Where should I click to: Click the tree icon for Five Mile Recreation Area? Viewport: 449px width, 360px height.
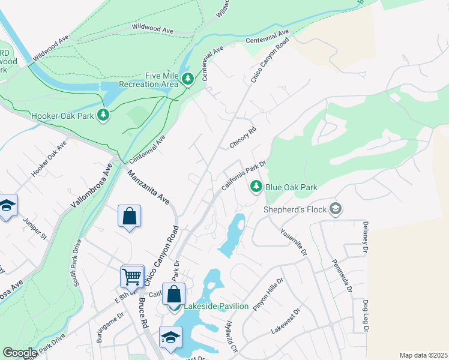pyautogui.click(x=188, y=79)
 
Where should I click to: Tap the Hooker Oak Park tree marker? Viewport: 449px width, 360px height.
pyautogui.click(x=104, y=114)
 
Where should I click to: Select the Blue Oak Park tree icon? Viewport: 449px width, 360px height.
pyautogui.click(x=256, y=187)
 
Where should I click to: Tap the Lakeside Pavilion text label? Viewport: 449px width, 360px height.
pyautogui.click(x=215, y=306)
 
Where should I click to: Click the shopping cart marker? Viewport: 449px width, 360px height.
pyautogui.click(x=132, y=276)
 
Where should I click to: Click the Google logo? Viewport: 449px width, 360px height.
pyautogui.click(x=20, y=353)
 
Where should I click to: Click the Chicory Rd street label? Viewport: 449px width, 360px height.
pyautogui.click(x=243, y=137)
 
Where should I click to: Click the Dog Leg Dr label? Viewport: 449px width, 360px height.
pyautogui.click(x=364, y=316)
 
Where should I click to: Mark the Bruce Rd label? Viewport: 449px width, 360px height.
pyautogui.click(x=143, y=311)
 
